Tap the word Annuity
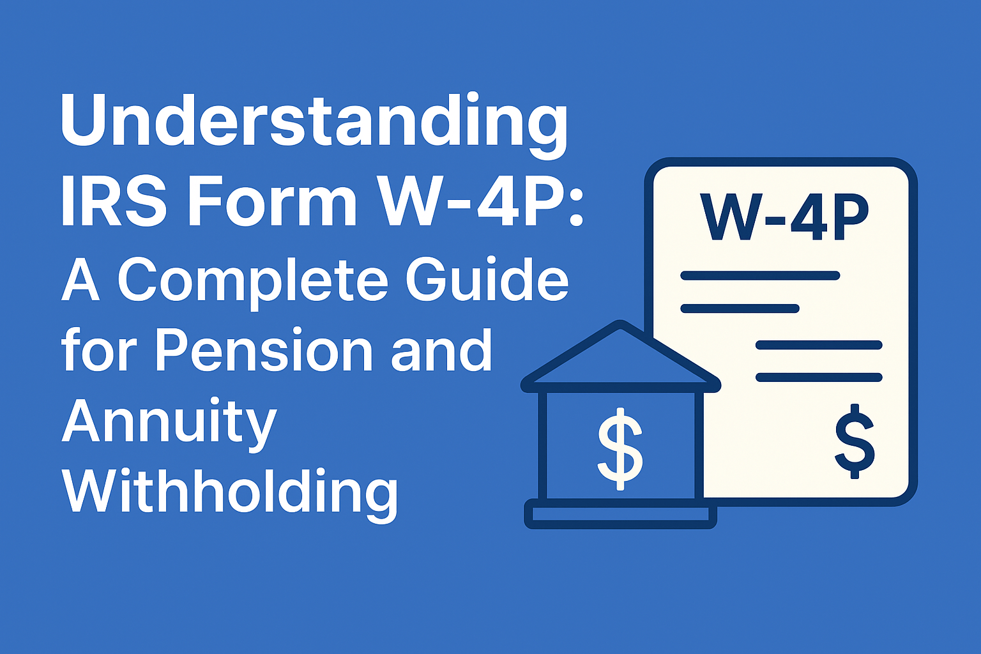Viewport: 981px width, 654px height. (169, 423)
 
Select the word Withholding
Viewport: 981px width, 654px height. (230, 493)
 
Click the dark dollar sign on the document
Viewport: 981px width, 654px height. (855, 441)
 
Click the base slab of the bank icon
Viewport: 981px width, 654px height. (620, 515)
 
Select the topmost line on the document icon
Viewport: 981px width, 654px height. (760, 276)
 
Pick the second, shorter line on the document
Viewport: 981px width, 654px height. (740, 309)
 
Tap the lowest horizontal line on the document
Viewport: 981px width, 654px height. (819, 377)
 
